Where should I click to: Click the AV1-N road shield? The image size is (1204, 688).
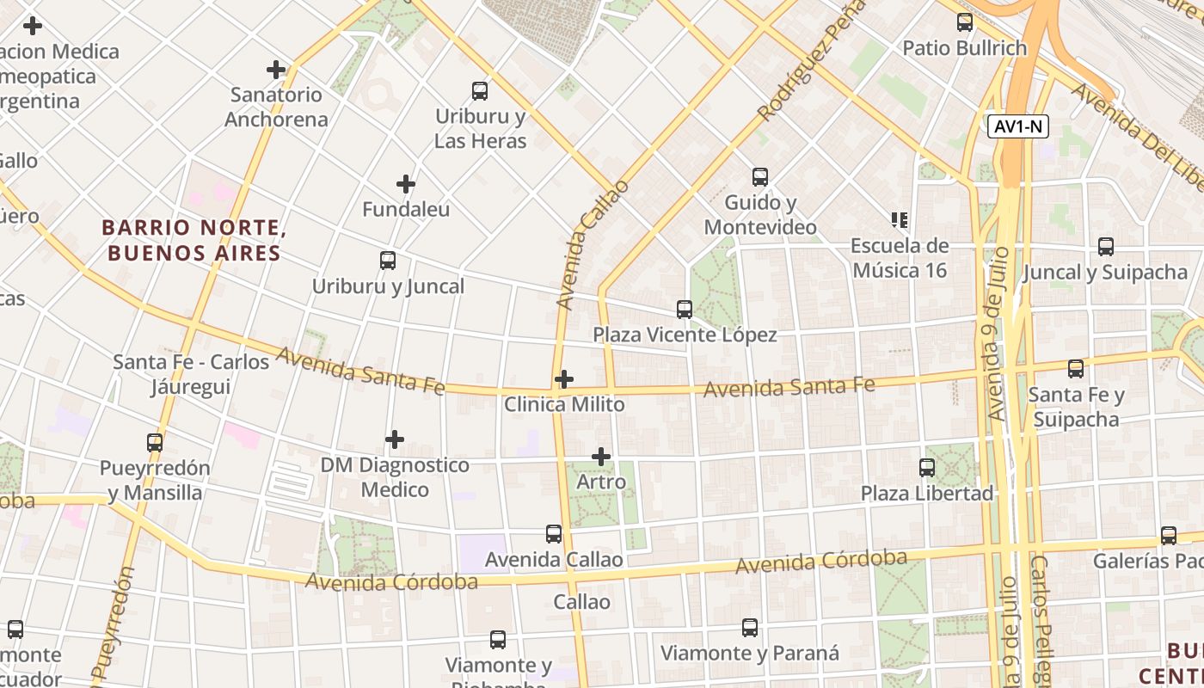pyautogui.click(x=1018, y=126)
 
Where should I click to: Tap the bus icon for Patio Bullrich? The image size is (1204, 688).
pyautogui.click(x=965, y=22)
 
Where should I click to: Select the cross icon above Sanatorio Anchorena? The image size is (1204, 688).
pyautogui.click(x=276, y=69)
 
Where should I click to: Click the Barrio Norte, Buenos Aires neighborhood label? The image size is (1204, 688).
pyautogui.click(x=193, y=241)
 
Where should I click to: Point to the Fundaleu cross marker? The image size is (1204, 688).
pyautogui.click(x=406, y=184)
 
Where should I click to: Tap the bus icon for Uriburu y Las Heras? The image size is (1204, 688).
pyautogui.click(x=480, y=90)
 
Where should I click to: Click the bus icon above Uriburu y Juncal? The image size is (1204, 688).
pyautogui.click(x=388, y=261)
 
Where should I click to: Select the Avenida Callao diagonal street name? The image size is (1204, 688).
pyautogui.click(x=593, y=245)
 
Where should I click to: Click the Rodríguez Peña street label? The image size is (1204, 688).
pyautogui.click(x=811, y=60)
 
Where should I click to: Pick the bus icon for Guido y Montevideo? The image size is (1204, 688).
pyautogui.click(x=760, y=177)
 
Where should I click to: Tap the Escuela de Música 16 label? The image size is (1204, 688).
pyautogui.click(x=899, y=258)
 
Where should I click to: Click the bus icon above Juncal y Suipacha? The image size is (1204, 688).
pyautogui.click(x=1106, y=247)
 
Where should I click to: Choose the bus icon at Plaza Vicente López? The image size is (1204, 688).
pyautogui.click(x=685, y=310)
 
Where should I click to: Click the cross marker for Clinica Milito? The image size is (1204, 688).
pyautogui.click(x=564, y=379)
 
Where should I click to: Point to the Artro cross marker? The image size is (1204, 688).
pyautogui.click(x=601, y=457)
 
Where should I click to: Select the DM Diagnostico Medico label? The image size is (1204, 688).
pyautogui.click(x=395, y=477)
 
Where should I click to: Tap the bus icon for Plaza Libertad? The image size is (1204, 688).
pyautogui.click(x=927, y=468)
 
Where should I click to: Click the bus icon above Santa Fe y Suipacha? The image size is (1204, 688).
pyautogui.click(x=1076, y=369)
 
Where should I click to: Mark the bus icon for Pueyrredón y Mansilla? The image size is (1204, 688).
pyautogui.click(x=155, y=443)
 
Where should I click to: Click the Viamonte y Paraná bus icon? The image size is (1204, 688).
pyautogui.click(x=750, y=628)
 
